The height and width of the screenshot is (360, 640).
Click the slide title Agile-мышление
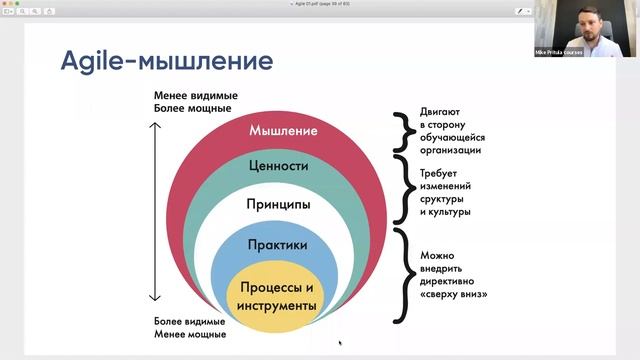point(165,62)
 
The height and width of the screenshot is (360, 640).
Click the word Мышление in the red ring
point(284,131)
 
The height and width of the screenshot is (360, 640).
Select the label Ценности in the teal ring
point(279,166)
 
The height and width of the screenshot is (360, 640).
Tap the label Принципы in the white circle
point(279,204)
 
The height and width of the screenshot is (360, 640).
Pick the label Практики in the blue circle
point(279,244)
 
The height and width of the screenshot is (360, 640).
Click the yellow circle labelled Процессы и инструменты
point(277,296)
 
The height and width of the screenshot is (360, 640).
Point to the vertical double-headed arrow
point(155,211)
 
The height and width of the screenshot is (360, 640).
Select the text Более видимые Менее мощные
point(190,328)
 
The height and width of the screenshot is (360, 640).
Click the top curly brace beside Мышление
point(402,131)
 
